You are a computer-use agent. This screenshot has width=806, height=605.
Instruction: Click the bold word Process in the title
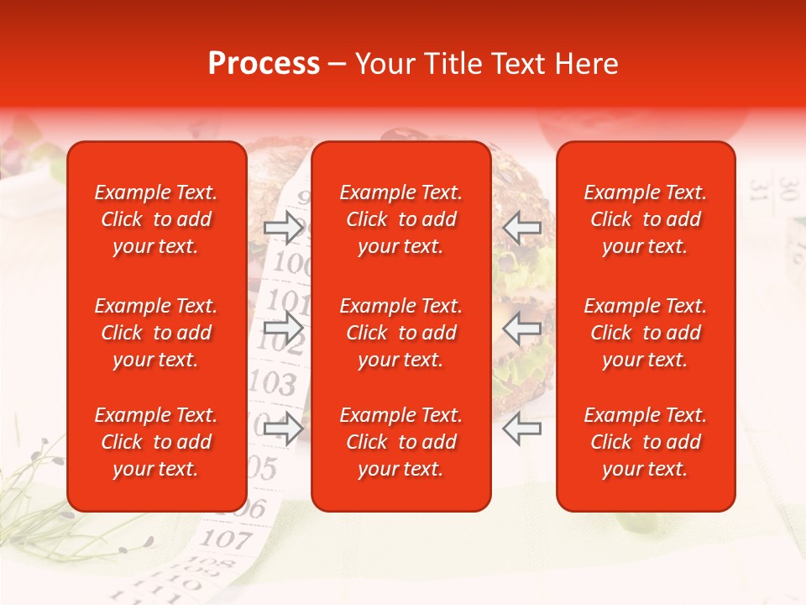264,64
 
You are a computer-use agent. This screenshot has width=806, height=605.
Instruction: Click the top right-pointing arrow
283,227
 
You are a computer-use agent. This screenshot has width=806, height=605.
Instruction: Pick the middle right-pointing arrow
283,328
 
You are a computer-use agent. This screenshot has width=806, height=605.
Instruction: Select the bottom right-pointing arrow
283,429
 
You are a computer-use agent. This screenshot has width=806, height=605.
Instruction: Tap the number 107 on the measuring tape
225,538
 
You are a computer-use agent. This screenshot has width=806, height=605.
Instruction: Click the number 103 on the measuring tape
274,383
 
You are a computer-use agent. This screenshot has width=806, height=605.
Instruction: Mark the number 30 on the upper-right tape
787,187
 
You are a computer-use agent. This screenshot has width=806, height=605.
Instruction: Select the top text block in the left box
156,219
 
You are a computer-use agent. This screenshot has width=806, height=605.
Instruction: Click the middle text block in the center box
400,333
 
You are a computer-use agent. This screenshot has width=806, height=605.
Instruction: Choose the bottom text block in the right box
645,442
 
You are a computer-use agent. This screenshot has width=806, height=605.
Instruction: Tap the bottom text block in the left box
156,442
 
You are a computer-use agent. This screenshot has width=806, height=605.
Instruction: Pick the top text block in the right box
645,219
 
